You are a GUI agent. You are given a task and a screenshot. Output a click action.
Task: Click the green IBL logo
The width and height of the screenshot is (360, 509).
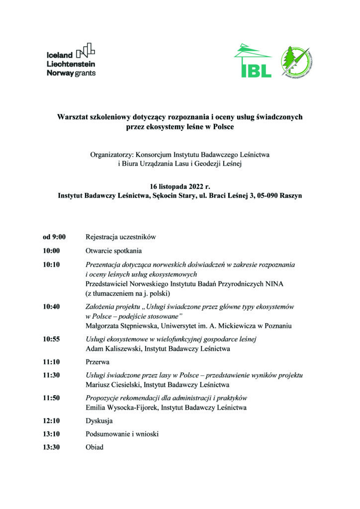[253, 62]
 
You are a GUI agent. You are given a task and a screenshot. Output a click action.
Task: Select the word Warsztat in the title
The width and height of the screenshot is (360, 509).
[74, 117]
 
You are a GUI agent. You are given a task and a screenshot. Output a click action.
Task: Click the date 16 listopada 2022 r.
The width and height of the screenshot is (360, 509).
[180, 186]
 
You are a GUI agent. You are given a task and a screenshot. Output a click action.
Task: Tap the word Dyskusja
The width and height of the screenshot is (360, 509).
[99, 421]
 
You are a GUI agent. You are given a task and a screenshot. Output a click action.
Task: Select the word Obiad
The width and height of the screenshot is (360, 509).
[95, 447]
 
